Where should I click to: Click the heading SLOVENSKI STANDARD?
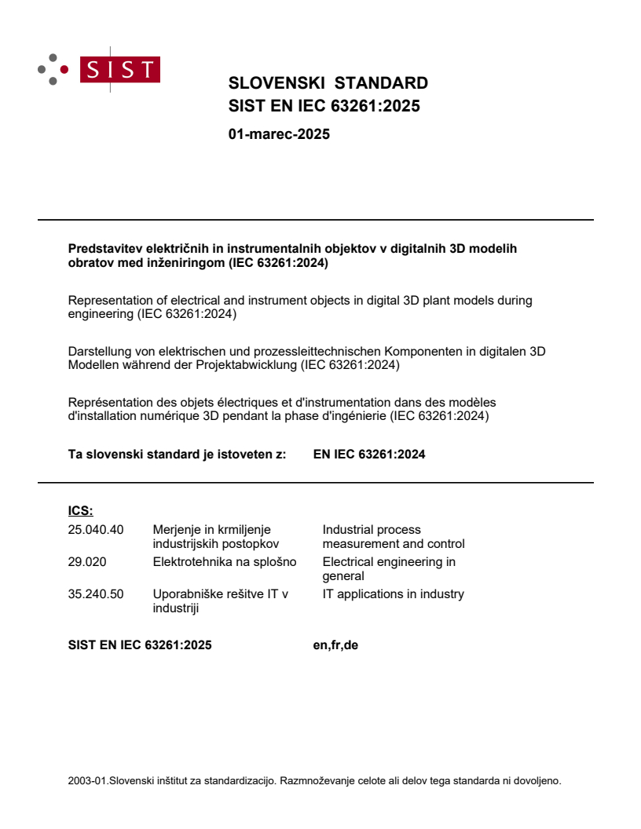[x=328, y=83]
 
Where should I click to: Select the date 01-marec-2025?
[x=279, y=134]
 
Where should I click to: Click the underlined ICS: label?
[x=81, y=511]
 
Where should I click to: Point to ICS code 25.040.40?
[x=96, y=529]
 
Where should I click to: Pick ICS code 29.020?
[x=87, y=561]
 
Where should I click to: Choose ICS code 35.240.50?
[x=96, y=593]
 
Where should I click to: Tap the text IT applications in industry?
[x=393, y=593]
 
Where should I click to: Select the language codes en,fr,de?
[x=335, y=646]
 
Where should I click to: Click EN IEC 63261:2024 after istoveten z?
[x=369, y=454]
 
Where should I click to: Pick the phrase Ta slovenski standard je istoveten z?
[x=177, y=454]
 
